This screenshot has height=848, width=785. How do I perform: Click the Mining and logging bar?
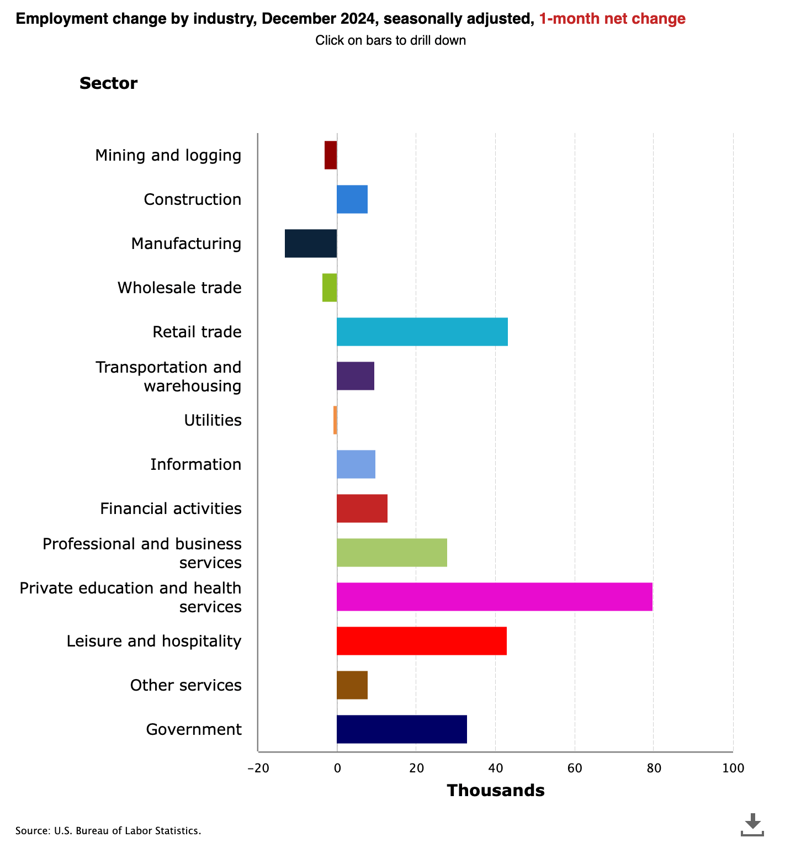[x=331, y=155]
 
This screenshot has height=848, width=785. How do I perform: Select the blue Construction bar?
[x=352, y=199]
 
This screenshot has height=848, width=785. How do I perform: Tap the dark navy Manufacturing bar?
[x=311, y=243]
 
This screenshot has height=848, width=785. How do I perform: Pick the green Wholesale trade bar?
[x=330, y=288]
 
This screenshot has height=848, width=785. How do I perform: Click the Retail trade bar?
[x=422, y=332]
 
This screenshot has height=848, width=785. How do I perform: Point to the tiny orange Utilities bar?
[x=335, y=420]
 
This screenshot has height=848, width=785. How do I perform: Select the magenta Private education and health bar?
[x=495, y=597]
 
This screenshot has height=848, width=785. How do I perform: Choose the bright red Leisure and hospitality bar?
[x=422, y=641]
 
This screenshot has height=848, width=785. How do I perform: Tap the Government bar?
[x=402, y=729]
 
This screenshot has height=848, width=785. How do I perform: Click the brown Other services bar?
[x=352, y=685]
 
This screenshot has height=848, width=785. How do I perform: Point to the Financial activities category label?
[x=171, y=508]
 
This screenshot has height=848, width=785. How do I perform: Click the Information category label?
[x=196, y=464]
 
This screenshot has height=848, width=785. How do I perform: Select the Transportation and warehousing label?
[x=169, y=377]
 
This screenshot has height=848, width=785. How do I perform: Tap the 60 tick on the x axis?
[x=575, y=768]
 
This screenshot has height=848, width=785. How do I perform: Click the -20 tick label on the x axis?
[x=258, y=768]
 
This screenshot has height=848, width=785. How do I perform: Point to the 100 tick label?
[x=733, y=768]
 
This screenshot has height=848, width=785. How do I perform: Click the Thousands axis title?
[x=496, y=791]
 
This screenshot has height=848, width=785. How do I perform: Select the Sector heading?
[x=109, y=83]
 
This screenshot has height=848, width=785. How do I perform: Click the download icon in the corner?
[x=752, y=824]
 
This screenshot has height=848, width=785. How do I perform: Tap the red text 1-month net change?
[x=612, y=19]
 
